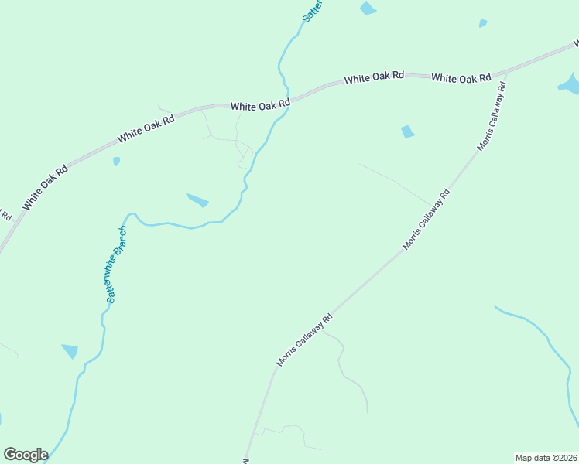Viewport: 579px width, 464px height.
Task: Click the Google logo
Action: click(26, 455)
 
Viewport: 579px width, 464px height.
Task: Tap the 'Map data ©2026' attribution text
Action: click(546, 458)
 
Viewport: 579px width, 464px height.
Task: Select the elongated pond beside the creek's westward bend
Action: click(197, 200)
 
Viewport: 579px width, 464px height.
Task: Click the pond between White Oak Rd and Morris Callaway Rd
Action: click(407, 132)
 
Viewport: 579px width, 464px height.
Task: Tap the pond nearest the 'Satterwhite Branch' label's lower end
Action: click(70, 351)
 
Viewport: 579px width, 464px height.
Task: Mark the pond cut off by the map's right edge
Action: click(570, 84)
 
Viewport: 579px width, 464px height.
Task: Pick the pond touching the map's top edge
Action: click(368, 9)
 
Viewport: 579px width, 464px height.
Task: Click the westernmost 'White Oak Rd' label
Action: click(45, 186)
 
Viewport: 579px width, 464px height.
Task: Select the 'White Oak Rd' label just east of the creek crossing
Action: click(374, 77)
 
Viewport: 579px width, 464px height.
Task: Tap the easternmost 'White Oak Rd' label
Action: click(461, 77)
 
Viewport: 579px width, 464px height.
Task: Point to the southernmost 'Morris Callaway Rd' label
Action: click(304, 339)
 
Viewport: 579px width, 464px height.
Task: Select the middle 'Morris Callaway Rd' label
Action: click(426, 220)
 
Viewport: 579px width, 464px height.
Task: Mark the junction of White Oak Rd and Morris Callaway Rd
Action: click(505, 77)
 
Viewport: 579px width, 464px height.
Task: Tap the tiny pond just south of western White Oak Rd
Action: click(116, 162)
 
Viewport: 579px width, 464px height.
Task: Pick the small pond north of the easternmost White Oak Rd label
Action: click(483, 23)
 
